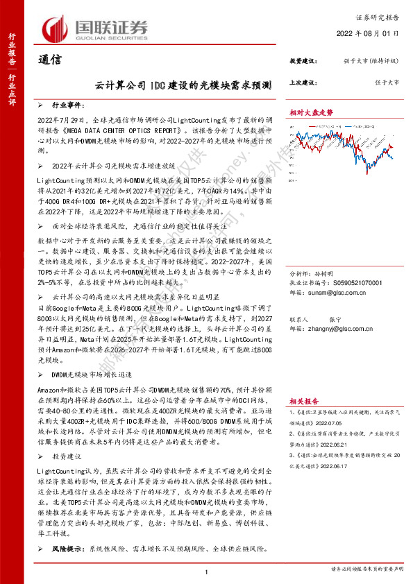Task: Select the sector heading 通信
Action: tap(49, 60)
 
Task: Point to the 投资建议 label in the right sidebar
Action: tap(303, 61)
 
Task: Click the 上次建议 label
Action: tap(303, 81)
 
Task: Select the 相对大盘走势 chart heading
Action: tap(312, 112)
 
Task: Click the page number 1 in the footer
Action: tap(207, 571)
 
